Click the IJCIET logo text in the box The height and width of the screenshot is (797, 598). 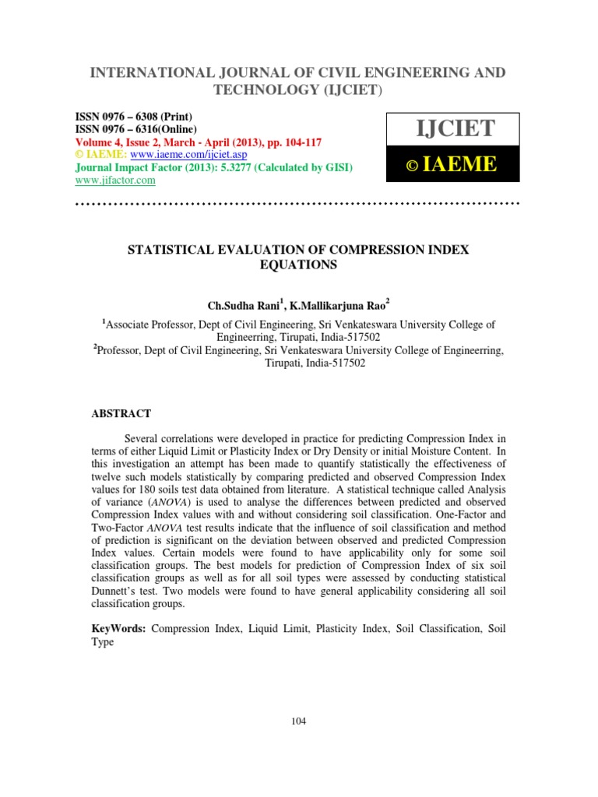click(452, 126)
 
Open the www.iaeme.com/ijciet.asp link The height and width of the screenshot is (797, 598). click(170, 155)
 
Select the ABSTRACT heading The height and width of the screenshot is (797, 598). click(121, 413)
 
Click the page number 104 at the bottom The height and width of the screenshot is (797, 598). click(298, 721)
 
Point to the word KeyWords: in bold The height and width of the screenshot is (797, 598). click(119, 628)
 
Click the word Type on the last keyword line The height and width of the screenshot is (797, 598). click(103, 642)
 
